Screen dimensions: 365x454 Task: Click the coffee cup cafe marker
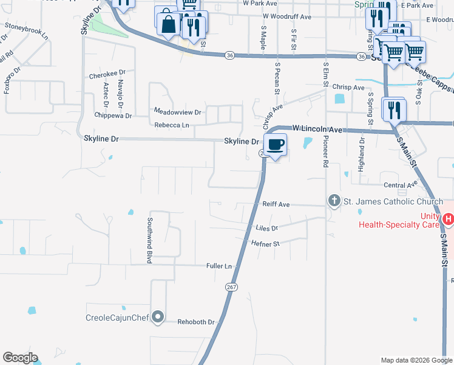[276, 144]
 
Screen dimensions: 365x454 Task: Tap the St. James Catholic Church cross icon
[333, 201]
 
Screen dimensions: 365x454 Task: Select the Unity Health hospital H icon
[448, 218]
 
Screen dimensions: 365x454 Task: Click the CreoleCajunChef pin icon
[158, 316]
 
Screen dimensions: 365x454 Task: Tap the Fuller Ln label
[219, 266]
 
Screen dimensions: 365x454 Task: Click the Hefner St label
[265, 243]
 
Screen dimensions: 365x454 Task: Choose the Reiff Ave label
[276, 205]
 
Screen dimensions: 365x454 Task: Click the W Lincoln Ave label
[317, 129]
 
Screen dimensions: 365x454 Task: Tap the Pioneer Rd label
[326, 152]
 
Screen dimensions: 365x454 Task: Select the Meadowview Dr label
[177, 112]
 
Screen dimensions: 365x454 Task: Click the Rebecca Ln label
[172, 125]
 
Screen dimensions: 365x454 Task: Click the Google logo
[20, 358]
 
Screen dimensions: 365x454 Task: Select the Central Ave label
[401, 185]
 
